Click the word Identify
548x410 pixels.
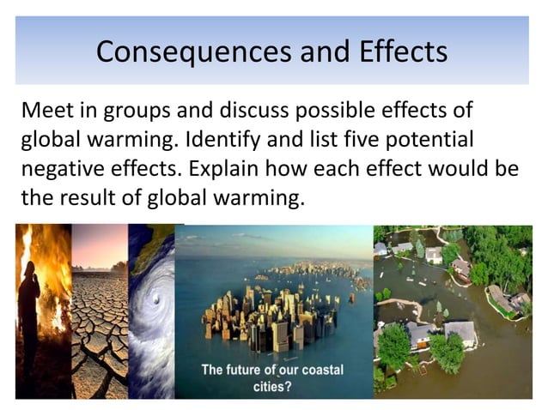pyautogui.click(x=222, y=140)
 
